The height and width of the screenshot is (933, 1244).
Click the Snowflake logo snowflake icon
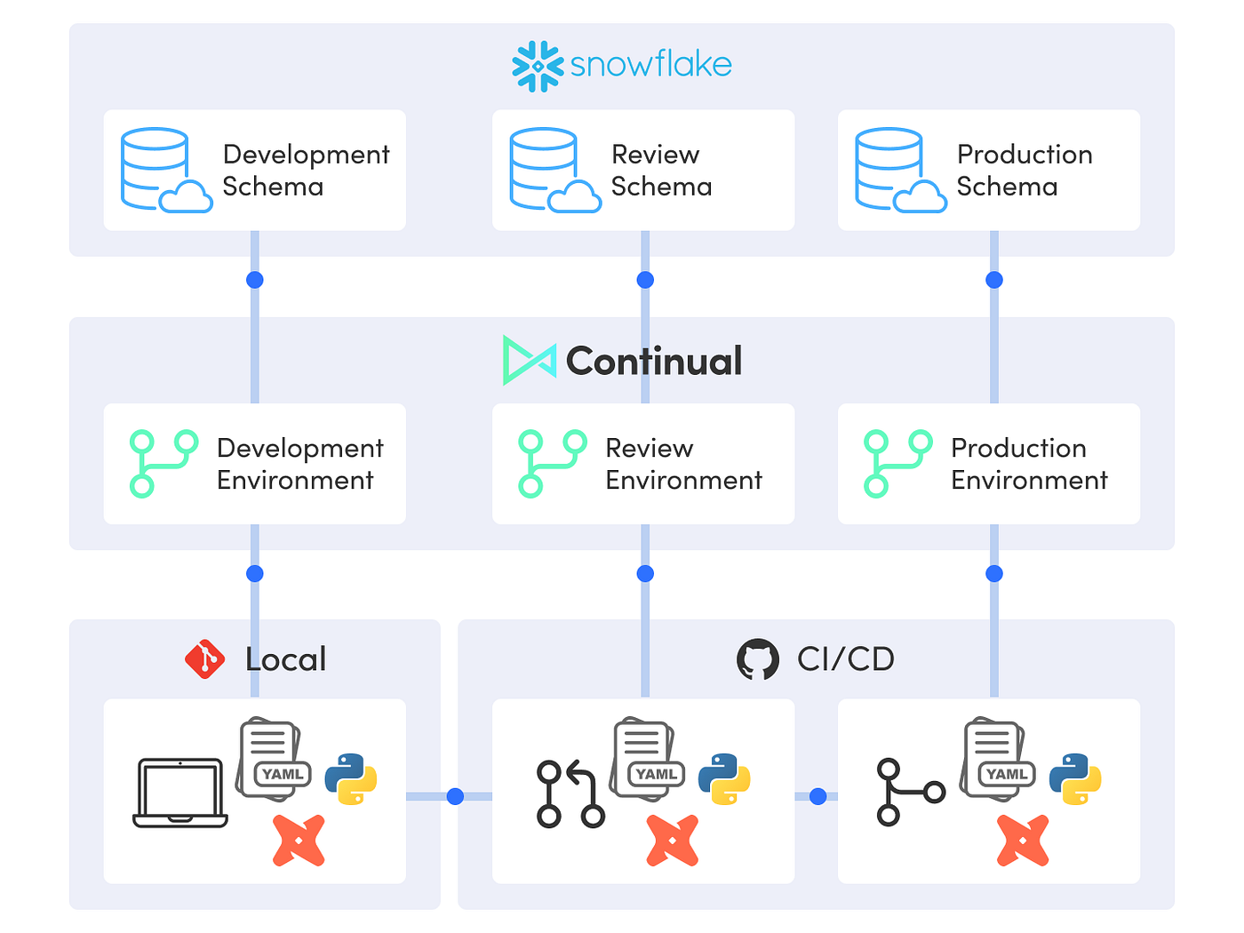[x=538, y=67]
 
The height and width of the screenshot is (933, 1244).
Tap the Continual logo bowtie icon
[x=529, y=360]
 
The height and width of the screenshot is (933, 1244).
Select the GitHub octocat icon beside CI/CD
[x=758, y=659]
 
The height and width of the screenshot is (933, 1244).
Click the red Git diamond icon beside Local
[x=204, y=659]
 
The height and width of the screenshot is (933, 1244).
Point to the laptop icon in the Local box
[x=180, y=793]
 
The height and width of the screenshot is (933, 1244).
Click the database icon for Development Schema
[x=165, y=171]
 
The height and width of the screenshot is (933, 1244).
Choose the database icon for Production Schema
[x=899, y=171]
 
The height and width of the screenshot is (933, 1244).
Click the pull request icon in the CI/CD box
[x=570, y=793]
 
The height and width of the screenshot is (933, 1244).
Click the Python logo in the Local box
[x=351, y=778]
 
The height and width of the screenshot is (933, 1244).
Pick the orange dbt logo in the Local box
[x=299, y=841]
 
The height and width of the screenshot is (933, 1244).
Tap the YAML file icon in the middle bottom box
[x=647, y=760]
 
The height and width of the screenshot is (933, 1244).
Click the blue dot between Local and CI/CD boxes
[x=455, y=796]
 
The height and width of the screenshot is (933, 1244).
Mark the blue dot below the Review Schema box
[x=645, y=280]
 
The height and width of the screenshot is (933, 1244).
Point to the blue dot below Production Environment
[x=994, y=573]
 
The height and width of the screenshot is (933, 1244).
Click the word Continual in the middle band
[x=654, y=361]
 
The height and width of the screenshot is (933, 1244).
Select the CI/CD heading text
[x=845, y=659]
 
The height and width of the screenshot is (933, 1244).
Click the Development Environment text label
[x=299, y=464]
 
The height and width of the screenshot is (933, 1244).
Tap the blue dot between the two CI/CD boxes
[x=818, y=796]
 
